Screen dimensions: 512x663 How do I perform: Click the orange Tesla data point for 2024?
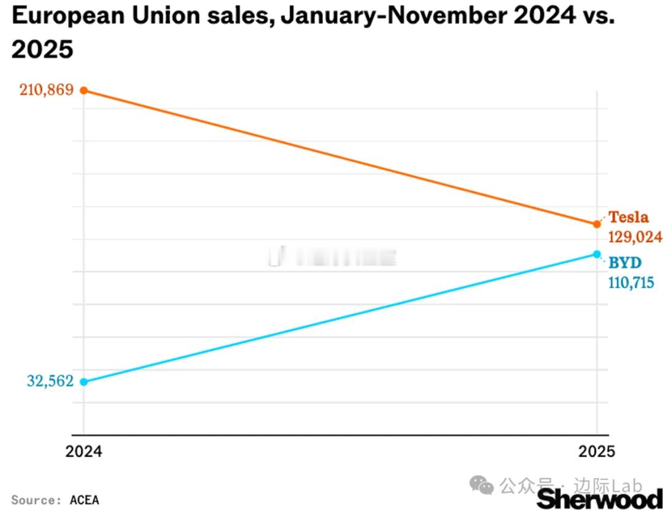[84, 91]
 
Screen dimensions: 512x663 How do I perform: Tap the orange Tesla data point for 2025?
[597, 224]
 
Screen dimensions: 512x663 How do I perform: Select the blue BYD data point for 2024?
[84, 381]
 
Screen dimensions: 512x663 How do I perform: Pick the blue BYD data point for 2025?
[597, 254]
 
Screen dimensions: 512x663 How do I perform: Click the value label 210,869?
[46, 90]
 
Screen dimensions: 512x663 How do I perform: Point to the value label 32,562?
[50, 381]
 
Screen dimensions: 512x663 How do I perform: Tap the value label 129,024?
[635, 237]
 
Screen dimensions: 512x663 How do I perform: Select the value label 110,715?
[631, 283]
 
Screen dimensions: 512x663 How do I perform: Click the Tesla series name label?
[628, 217]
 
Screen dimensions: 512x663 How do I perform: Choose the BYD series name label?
[625, 263]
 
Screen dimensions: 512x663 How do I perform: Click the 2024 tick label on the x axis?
[84, 453]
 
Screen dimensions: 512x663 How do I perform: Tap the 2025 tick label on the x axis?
[597, 453]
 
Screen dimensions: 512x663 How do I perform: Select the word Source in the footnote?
[33, 500]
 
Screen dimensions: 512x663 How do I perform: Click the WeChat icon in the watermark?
[481, 486]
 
